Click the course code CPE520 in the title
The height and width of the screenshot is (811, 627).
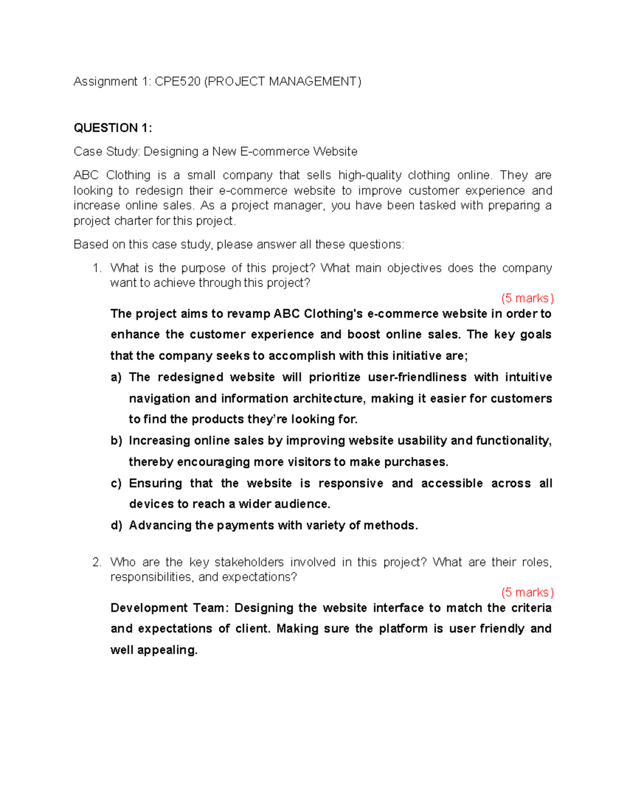(x=178, y=81)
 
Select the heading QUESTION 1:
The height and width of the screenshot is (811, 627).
(x=113, y=128)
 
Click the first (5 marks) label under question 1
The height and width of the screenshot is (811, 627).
(x=527, y=298)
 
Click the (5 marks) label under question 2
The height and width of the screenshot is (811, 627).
(x=527, y=592)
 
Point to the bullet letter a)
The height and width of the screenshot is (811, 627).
(x=116, y=378)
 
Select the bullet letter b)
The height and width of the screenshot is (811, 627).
(x=116, y=441)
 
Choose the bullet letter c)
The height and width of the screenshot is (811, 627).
(x=116, y=484)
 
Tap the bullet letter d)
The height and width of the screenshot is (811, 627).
(x=116, y=525)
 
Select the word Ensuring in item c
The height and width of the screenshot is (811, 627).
(x=155, y=484)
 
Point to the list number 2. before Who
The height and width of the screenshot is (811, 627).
(x=97, y=562)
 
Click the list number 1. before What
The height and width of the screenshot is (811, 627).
(x=97, y=268)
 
